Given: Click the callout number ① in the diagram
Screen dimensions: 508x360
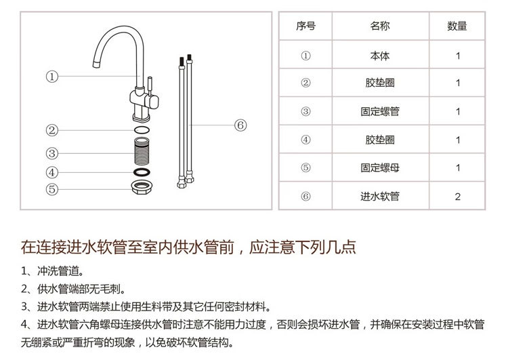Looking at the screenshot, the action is (52, 77).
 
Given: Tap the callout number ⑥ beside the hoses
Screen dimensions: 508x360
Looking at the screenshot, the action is (240, 125).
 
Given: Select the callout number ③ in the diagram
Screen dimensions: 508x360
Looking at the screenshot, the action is (52, 153).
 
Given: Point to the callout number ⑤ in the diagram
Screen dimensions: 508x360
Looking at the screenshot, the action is (52, 189).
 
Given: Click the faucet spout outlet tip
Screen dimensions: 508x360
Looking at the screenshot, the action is (96, 64).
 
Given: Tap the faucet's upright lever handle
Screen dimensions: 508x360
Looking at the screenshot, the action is (150, 86).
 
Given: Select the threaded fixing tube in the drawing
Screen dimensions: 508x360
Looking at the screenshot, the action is (142, 151).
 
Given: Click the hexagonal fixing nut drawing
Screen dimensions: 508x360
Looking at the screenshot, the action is (142, 188).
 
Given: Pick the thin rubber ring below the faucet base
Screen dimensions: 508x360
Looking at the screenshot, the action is (142, 130).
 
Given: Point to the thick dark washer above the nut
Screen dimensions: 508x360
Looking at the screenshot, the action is (142, 172).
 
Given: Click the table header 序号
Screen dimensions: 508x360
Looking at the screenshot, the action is (305, 26).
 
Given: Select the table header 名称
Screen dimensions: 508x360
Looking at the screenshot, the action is (380, 26).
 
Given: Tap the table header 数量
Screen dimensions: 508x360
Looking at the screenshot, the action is (457, 26).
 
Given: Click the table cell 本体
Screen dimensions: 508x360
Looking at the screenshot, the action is (380, 56).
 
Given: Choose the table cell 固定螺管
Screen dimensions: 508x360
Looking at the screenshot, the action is (380, 112).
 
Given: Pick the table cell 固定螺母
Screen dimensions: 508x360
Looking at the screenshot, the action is (380, 167).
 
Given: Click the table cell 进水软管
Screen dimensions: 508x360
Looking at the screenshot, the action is (380, 196).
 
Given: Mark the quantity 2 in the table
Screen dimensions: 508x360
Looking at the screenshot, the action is (457, 197).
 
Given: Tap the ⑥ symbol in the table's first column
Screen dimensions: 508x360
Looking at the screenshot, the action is (305, 196).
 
